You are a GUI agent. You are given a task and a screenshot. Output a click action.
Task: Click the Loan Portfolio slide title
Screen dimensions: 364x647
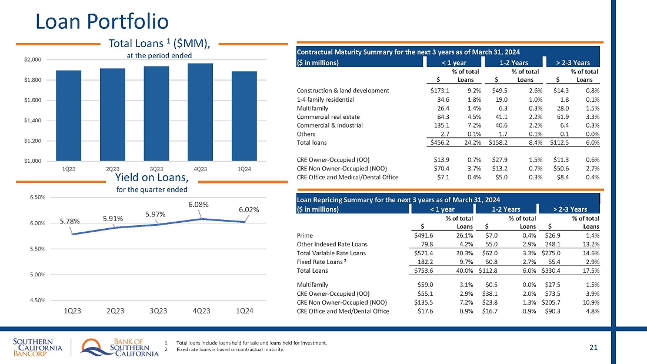coord(102,21)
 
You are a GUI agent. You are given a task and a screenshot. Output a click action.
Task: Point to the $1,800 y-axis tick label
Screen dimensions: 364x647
coord(33,80)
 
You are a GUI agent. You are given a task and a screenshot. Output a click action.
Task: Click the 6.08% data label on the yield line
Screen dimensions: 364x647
coord(198,204)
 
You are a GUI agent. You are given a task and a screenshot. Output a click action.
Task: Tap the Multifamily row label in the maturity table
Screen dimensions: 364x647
coord(312,108)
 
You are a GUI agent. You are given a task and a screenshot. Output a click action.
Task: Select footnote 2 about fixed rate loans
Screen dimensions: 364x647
coord(227,350)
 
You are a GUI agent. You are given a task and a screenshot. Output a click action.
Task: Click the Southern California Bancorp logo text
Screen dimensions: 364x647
coord(38,348)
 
